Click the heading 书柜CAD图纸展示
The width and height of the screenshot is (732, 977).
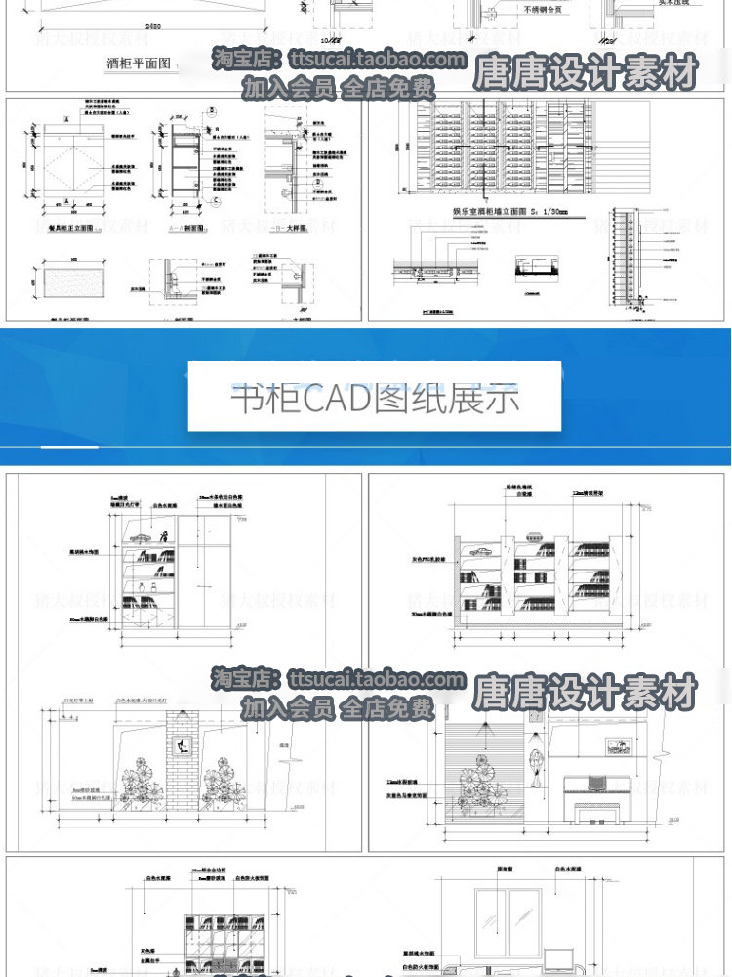375,400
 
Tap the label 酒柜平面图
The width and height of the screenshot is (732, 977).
138,64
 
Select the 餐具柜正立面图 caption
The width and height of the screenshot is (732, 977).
68,226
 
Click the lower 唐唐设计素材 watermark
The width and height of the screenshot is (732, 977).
586,693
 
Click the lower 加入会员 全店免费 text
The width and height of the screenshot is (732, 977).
338,708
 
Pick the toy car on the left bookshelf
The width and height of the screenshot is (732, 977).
138,537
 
